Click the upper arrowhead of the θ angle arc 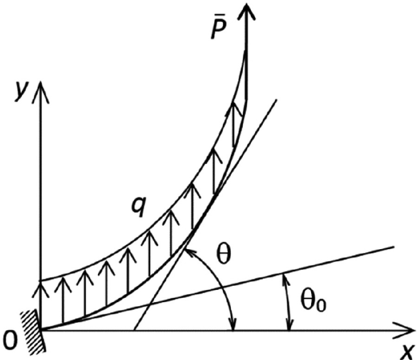(191, 250)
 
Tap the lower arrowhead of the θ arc (233, 326)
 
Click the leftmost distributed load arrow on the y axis (41, 286)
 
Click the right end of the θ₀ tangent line (394, 247)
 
